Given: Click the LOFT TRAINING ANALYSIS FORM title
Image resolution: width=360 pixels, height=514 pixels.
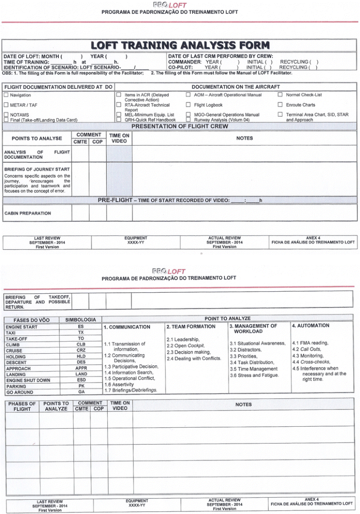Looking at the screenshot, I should point(180,46).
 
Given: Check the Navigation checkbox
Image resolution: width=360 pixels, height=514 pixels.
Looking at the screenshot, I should point(6,95).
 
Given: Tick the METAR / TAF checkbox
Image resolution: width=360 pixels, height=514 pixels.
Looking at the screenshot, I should point(6,105).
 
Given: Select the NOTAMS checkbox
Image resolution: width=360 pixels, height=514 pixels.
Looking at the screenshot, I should point(6,115).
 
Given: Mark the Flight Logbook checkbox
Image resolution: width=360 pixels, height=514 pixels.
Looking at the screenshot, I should point(188,105).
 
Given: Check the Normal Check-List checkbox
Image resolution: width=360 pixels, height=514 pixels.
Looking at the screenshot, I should point(280,95).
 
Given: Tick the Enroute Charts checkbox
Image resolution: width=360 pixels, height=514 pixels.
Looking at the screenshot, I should point(280,105).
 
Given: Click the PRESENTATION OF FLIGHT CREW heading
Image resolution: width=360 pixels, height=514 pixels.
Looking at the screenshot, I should point(180,127).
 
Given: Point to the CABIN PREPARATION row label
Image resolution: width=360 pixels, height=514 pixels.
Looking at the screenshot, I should point(28,213).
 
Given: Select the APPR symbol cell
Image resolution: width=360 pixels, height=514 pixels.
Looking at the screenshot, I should point(81,368).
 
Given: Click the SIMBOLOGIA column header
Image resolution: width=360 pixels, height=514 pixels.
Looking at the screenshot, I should point(81,320).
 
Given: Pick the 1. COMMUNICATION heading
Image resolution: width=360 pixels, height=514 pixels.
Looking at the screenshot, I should point(127,327).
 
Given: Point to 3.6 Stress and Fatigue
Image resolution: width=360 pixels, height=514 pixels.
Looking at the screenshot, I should point(254,375).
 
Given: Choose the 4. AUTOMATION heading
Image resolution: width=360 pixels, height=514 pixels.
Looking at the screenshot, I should point(311,326).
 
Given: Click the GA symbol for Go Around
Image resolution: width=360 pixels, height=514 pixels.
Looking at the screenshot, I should point(81,392).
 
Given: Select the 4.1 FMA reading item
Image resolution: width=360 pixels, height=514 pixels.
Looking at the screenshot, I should point(310,343).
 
